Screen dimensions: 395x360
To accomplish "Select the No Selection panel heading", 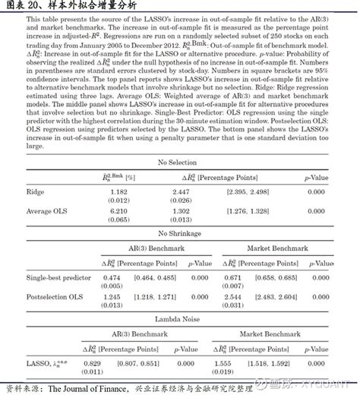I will (x=180, y=163).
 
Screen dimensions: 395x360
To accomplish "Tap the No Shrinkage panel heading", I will (x=180, y=232).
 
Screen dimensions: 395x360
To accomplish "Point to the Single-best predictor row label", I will (x=59, y=278).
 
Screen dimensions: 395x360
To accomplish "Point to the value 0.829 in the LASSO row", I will (x=92, y=364).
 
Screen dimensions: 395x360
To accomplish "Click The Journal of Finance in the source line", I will (x=86, y=387).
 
